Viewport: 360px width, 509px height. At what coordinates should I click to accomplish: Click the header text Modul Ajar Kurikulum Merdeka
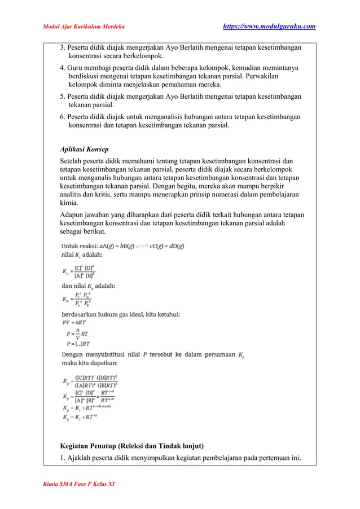point(84,27)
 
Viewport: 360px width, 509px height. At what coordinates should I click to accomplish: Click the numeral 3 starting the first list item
point(63,47)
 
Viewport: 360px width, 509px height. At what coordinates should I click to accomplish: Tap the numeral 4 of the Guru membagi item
point(63,68)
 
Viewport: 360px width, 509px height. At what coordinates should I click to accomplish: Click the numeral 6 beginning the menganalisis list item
point(63,117)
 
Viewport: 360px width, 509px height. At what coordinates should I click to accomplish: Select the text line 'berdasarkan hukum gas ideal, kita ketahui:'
point(121,314)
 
